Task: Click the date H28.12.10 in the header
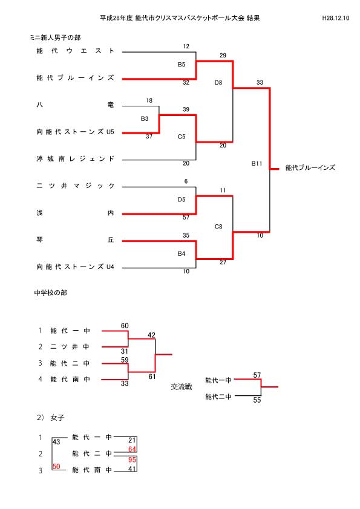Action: tap(336, 18)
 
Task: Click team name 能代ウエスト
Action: tap(76, 51)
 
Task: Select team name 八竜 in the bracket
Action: tap(76, 105)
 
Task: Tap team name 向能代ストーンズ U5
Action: tap(76, 132)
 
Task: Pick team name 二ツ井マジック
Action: tap(76, 186)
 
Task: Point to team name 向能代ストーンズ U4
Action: tap(76, 267)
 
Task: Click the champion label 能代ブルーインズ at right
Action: tap(310, 168)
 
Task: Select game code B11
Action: tap(257, 164)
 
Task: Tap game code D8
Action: tap(218, 83)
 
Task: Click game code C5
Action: tap(182, 137)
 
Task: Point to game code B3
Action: tap(145, 119)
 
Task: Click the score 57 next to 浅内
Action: tap(186, 218)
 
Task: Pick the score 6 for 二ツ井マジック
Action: tap(186, 181)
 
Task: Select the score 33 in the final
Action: tap(260, 82)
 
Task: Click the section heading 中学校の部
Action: tap(51, 293)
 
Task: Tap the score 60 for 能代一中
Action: tap(125, 326)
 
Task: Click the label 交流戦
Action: tap(182, 387)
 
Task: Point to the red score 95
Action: tap(132, 460)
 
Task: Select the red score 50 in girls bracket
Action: tap(56, 467)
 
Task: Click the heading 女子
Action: tap(57, 418)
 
